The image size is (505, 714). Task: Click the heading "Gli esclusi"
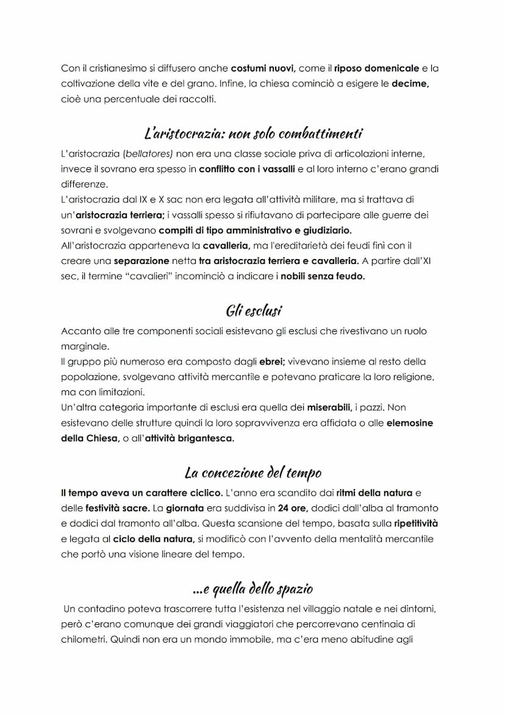pos(253,311)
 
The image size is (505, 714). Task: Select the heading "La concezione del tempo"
pos(253,473)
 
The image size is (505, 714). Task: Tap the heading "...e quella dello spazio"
pos(253,589)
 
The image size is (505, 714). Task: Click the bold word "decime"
pos(410,84)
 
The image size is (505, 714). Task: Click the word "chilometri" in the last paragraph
pos(84,640)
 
